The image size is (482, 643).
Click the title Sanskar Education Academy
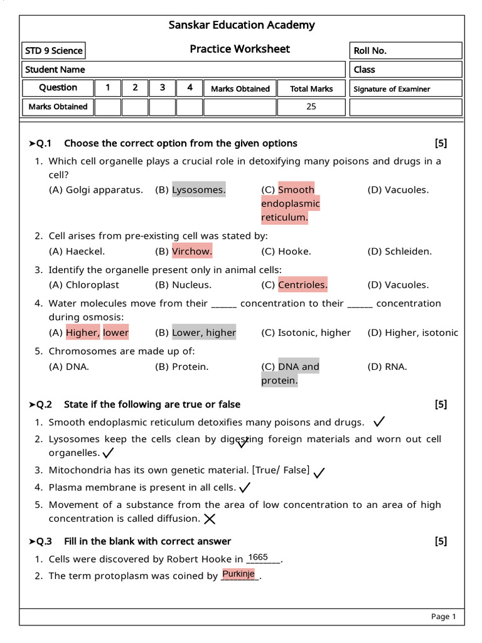tap(242, 25)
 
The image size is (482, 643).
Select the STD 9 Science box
tap(53, 50)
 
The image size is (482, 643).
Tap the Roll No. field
tap(405, 50)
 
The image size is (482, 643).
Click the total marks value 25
tap(311, 107)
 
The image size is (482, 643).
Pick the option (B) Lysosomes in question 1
tap(190, 190)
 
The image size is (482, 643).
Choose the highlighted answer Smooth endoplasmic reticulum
tap(291, 203)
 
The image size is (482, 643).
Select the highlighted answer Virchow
tap(192, 251)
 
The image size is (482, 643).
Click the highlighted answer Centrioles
tap(303, 284)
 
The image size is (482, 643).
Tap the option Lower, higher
tap(204, 333)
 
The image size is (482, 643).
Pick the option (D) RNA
tap(387, 367)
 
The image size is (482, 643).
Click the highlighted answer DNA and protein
tap(290, 374)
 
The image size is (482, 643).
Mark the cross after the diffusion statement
tap(210, 519)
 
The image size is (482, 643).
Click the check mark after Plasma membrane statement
tap(245, 487)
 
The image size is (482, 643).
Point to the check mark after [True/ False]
tap(319, 472)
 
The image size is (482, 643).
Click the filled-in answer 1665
tap(258, 558)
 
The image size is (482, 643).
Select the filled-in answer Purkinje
tap(238, 574)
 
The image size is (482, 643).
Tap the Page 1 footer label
tap(443, 617)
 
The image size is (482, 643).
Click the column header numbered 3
tap(163, 88)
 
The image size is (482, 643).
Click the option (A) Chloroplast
tap(84, 284)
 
